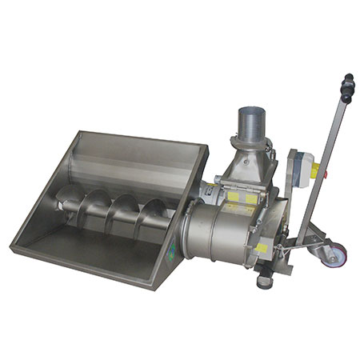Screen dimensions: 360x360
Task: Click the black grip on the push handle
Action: (347, 89)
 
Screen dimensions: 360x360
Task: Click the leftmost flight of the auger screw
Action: (70, 200)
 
